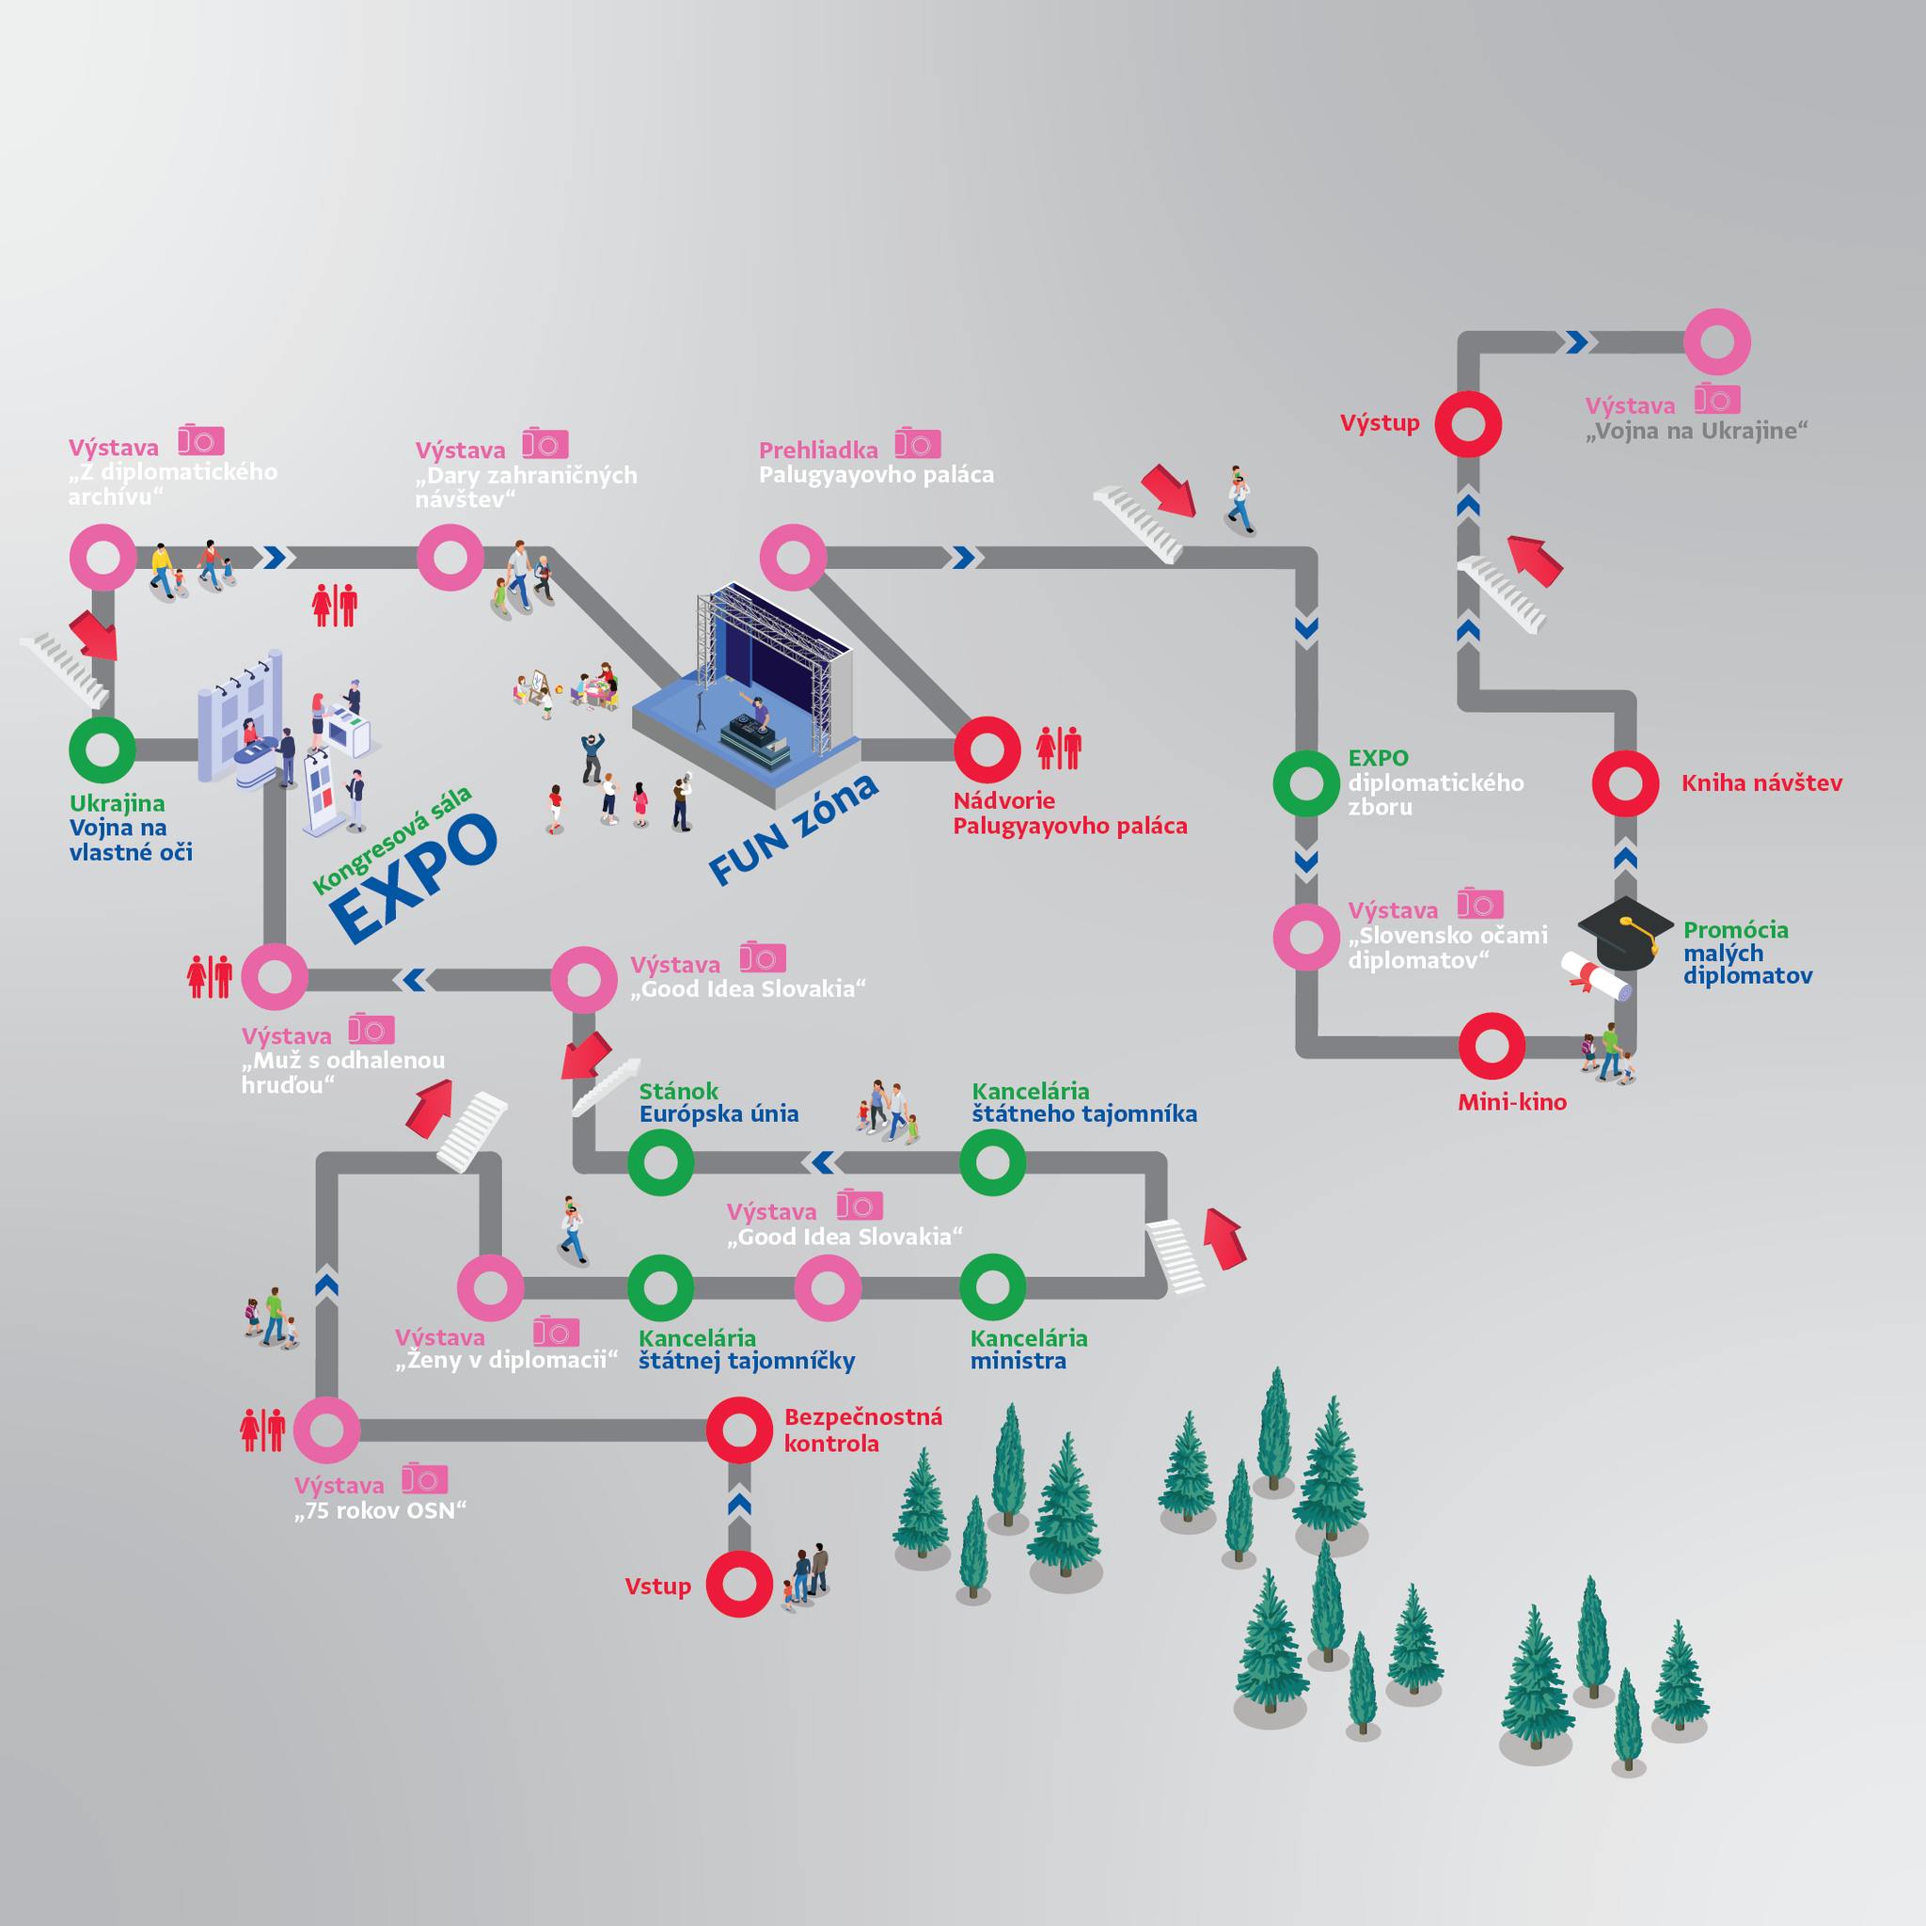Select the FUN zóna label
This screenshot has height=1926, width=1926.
(x=794, y=829)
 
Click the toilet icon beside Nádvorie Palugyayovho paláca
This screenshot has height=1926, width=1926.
(x=1059, y=748)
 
